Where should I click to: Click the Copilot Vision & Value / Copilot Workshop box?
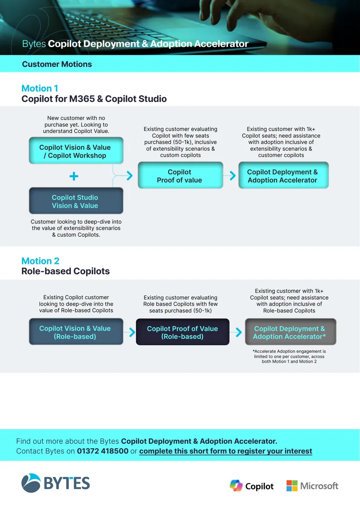point(76,151)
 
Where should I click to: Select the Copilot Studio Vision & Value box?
point(76,201)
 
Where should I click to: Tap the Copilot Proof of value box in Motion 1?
point(180,175)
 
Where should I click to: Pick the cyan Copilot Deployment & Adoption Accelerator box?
point(283,175)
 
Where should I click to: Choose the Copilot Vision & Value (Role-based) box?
point(76,332)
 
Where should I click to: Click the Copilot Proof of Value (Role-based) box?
point(183,332)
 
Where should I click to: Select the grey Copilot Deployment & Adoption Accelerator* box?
point(291,332)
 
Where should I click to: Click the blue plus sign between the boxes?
point(74,176)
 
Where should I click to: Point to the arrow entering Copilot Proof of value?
point(130,176)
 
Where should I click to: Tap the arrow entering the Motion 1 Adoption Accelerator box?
point(233,176)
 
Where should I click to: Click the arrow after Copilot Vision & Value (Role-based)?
point(132,332)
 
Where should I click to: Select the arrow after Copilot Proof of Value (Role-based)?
point(238,332)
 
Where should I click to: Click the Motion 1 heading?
point(40,88)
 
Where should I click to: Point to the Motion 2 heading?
point(40,261)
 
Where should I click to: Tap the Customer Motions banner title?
point(57,64)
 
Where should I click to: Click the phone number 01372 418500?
point(103,451)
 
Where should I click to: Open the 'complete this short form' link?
point(226,451)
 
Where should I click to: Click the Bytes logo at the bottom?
point(55,483)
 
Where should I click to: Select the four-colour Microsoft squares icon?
point(292,486)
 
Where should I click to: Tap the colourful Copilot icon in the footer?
point(236,486)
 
